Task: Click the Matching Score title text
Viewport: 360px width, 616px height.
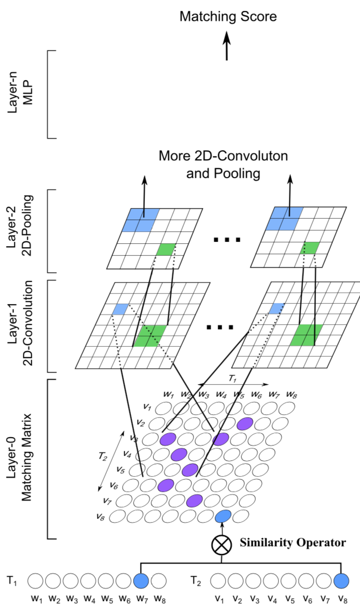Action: coord(227,17)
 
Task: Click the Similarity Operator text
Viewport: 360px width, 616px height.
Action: coord(293,542)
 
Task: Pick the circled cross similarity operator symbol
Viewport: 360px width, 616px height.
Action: coord(221,544)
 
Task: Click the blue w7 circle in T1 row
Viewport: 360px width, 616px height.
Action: coord(141,580)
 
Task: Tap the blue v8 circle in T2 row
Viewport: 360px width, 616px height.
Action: coord(341,580)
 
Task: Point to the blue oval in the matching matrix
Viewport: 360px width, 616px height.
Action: coord(223,515)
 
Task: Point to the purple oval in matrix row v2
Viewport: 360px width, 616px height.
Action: coord(245,423)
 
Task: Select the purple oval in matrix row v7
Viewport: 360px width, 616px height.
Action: coord(195,500)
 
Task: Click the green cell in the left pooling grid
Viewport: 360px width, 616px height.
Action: coord(165,250)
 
